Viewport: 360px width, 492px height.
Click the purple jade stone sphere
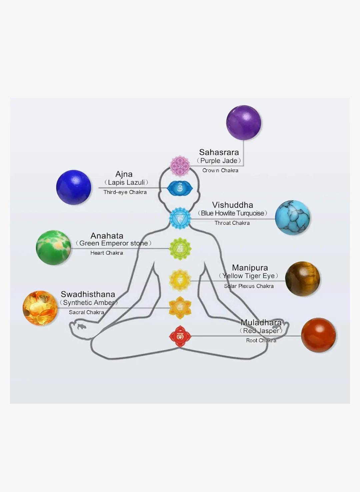[x=243, y=123]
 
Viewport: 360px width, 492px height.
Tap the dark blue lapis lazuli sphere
[x=74, y=187]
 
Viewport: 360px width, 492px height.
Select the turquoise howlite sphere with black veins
[x=292, y=218]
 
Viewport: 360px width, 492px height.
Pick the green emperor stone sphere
[x=53, y=247]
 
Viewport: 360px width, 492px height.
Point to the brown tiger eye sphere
[x=302, y=279]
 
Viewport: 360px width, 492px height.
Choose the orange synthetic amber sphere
[x=40, y=308]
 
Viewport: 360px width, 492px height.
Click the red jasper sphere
[x=318, y=335]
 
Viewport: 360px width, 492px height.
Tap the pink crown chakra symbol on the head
[x=180, y=166]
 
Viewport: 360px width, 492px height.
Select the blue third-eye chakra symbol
[x=180, y=189]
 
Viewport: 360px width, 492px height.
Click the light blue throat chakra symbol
[x=180, y=218]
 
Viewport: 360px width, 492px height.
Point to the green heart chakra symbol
[x=180, y=248]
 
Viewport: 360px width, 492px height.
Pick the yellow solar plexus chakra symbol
[x=180, y=280]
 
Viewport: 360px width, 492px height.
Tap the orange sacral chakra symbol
[x=180, y=308]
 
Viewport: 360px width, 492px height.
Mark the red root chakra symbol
[x=180, y=336]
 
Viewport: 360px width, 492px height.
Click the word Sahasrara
[x=219, y=152]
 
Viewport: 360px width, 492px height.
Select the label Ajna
[x=124, y=174]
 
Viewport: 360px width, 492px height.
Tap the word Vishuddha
[x=233, y=205]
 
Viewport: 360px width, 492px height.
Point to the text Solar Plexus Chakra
[x=249, y=286]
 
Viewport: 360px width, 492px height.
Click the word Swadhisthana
[x=88, y=294]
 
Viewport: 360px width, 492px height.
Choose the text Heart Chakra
[x=107, y=253]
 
